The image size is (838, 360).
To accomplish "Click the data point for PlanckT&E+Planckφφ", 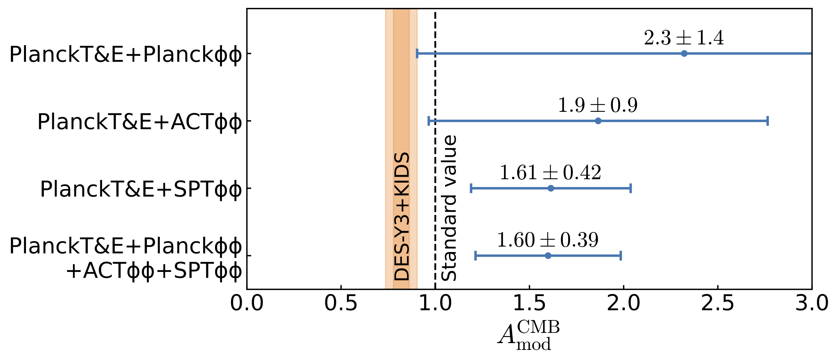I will (684, 53).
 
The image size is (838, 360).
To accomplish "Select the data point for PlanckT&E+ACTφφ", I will (598, 121).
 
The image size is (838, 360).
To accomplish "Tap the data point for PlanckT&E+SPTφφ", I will (551, 188).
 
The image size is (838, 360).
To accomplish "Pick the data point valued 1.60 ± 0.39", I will (548, 256).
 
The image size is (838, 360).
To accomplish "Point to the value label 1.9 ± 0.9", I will (598, 105).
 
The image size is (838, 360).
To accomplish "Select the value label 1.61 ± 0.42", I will (550, 172).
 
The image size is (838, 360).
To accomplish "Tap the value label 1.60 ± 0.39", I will (548, 240).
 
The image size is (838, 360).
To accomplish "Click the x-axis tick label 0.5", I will (341, 303).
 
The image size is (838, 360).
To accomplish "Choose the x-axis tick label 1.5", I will (529, 303).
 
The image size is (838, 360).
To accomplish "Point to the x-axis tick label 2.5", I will (718, 303).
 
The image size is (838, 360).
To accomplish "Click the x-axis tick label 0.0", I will (247, 303).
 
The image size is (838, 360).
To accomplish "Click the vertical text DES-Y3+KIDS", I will (402, 216).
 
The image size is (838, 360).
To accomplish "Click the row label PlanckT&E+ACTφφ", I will (140, 122).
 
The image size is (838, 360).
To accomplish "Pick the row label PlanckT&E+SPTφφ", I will (141, 189).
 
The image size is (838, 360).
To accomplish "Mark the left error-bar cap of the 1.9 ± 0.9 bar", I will (429, 121).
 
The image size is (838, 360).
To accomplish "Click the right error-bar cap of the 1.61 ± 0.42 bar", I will (631, 188).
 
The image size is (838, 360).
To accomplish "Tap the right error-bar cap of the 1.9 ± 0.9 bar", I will (768, 121).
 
